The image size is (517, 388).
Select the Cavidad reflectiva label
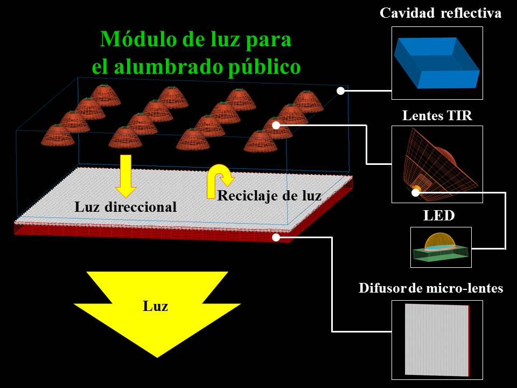[x=441, y=13]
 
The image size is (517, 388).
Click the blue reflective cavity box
[x=437, y=63]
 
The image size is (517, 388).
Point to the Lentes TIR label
[x=437, y=116]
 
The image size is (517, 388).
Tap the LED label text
[x=439, y=216]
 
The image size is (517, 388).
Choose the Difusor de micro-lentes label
[x=431, y=288]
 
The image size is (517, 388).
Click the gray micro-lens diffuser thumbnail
[x=437, y=340]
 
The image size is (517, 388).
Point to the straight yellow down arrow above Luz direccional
[x=125, y=176]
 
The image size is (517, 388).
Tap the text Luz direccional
[x=125, y=207]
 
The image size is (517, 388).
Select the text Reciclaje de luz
[x=269, y=196]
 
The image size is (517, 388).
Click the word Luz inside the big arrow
[x=155, y=306]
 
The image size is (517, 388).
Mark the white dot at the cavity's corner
[x=340, y=91]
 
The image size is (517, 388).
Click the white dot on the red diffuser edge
[x=276, y=237]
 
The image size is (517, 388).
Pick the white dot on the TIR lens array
[x=276, y=125]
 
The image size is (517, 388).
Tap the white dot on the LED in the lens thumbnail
[x=416, y=192]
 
